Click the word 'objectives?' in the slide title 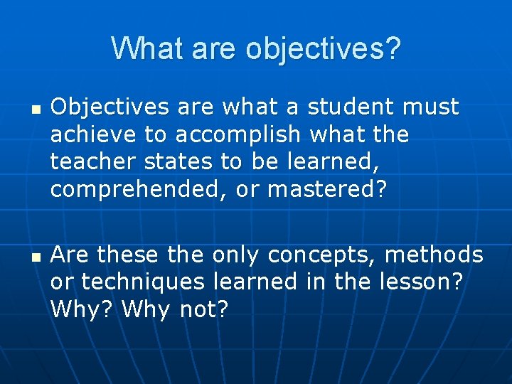pos(324,49)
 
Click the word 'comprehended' pos(129,190)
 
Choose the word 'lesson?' pos(419,282)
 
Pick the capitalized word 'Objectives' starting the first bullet pos(110,107)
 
